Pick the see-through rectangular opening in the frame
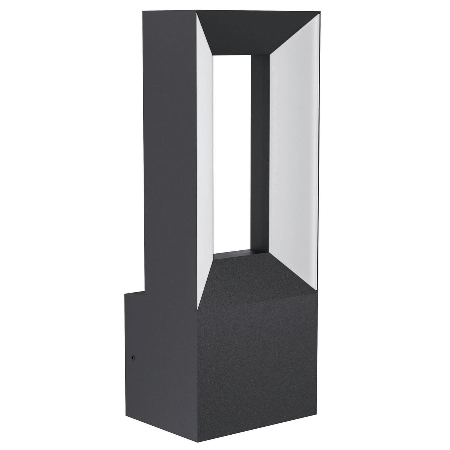(232, 150)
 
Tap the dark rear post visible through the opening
(260, 150)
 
